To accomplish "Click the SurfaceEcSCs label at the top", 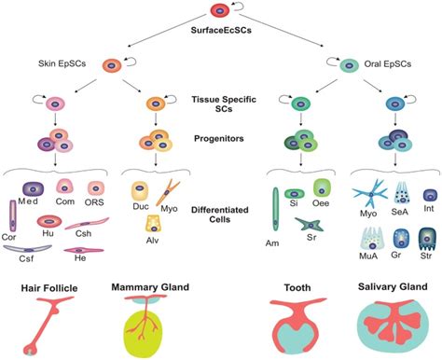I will pyautogui.click(x=220, y=31).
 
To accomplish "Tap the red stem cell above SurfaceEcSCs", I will pyautogui.click(x=219, y=11).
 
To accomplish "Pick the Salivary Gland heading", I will pyautogui.click(x=384, y=263).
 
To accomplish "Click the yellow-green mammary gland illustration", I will pyautogui.click(x=148, y=315).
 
